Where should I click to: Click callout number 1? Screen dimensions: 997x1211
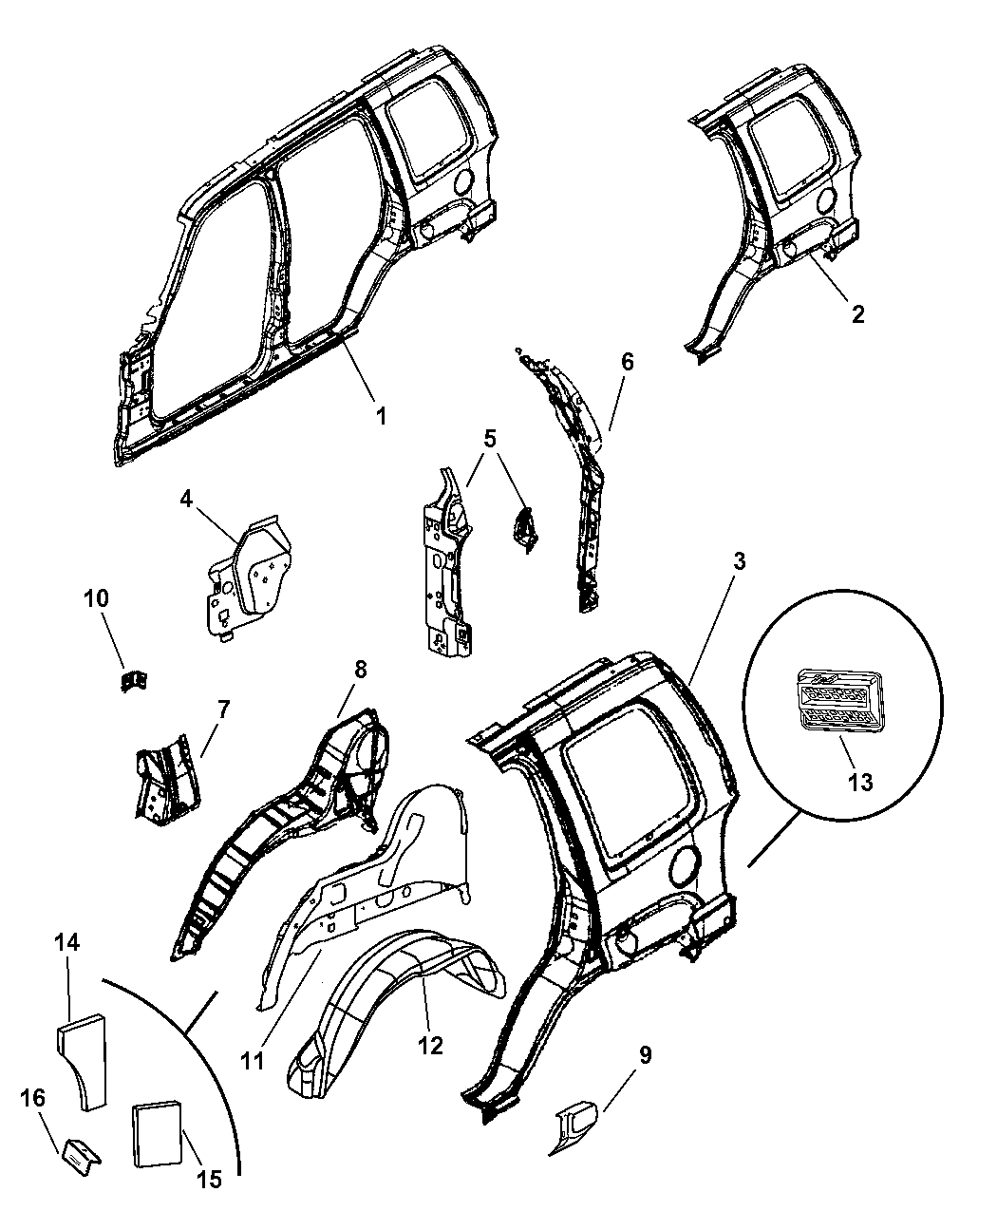pos(381,416)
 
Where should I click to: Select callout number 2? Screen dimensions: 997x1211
pos(857,314)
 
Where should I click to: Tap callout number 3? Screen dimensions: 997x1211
pos(739,561)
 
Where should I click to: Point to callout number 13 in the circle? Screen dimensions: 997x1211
pos(860,782)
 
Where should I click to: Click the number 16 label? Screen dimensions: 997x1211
pos(33,1098)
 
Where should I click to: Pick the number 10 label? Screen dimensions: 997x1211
pos(96,598)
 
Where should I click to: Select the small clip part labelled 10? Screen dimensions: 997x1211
pos(134,680)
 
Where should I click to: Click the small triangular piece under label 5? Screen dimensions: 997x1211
pos(524,528)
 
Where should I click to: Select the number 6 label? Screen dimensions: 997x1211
pos(627,362)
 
